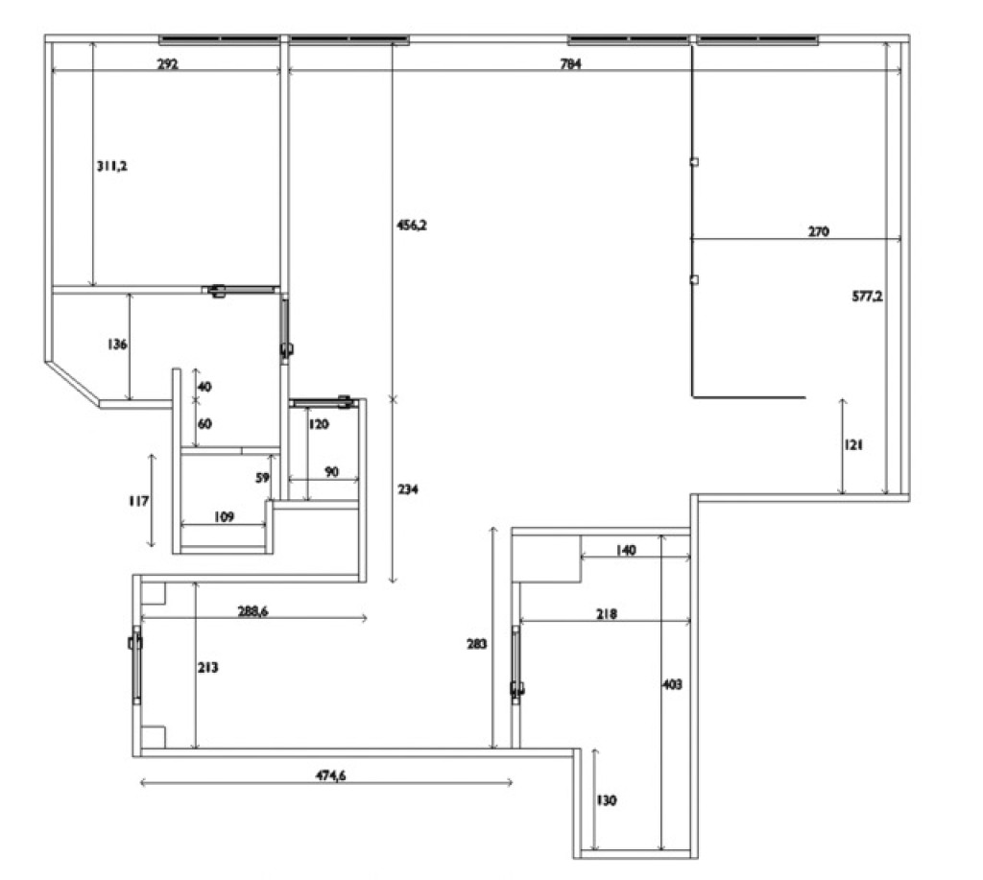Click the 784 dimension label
[570, 63]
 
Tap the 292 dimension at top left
[167, 63]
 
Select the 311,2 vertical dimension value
[111, 166]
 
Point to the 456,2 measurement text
[411, 225]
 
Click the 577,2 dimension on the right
[867, 296]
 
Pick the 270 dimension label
[818, 231]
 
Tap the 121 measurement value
[853, 445]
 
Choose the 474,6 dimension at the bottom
[330, 775]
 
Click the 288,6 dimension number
[252, 610]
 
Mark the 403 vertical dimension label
[672, 684]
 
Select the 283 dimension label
[476, 644]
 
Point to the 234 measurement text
[407, 488]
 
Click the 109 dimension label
[224, 516]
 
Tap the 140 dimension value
[626, 550]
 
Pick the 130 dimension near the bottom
[607, 800]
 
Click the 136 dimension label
[117, 345]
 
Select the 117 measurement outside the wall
[138, 501]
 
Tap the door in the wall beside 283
[515, 664]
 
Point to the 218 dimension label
[607, 614]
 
